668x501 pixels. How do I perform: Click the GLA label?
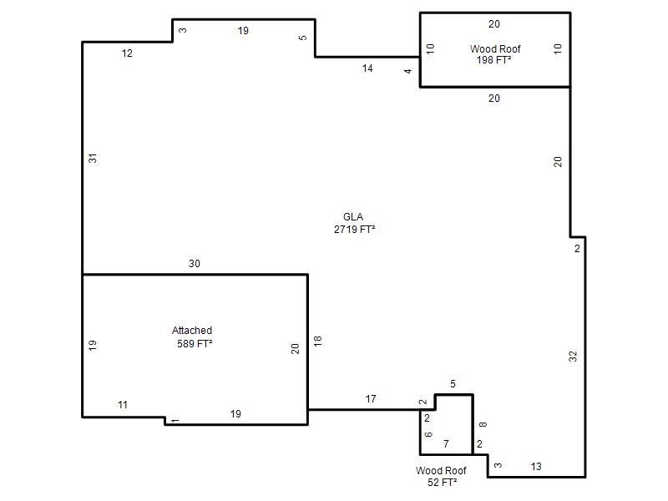[353, 217]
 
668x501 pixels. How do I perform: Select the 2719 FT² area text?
[354, 229]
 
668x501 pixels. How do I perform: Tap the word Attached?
[192, 330]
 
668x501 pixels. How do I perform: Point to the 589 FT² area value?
[195, 343]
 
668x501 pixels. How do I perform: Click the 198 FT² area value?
[493, 59]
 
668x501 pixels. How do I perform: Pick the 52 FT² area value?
[443, 483]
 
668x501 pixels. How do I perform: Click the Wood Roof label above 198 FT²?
[495, 49]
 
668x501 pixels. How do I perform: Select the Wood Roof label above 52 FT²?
[441, 470]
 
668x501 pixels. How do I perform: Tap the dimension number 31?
[93, 159]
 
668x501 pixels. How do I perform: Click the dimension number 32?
[573, 357]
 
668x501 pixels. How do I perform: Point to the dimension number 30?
[195, 264]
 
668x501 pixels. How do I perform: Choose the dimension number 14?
[367, 68]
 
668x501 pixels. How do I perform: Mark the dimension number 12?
[127, 53]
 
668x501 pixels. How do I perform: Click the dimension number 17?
[371, 399]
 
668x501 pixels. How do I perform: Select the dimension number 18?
[317, 341]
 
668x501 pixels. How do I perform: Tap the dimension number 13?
[536, 467]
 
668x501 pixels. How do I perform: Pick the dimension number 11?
[123, 405]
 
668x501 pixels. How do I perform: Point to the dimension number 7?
[446, 444]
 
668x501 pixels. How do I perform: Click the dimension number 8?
[483, 424]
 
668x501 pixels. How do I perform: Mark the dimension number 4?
[408, 71]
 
